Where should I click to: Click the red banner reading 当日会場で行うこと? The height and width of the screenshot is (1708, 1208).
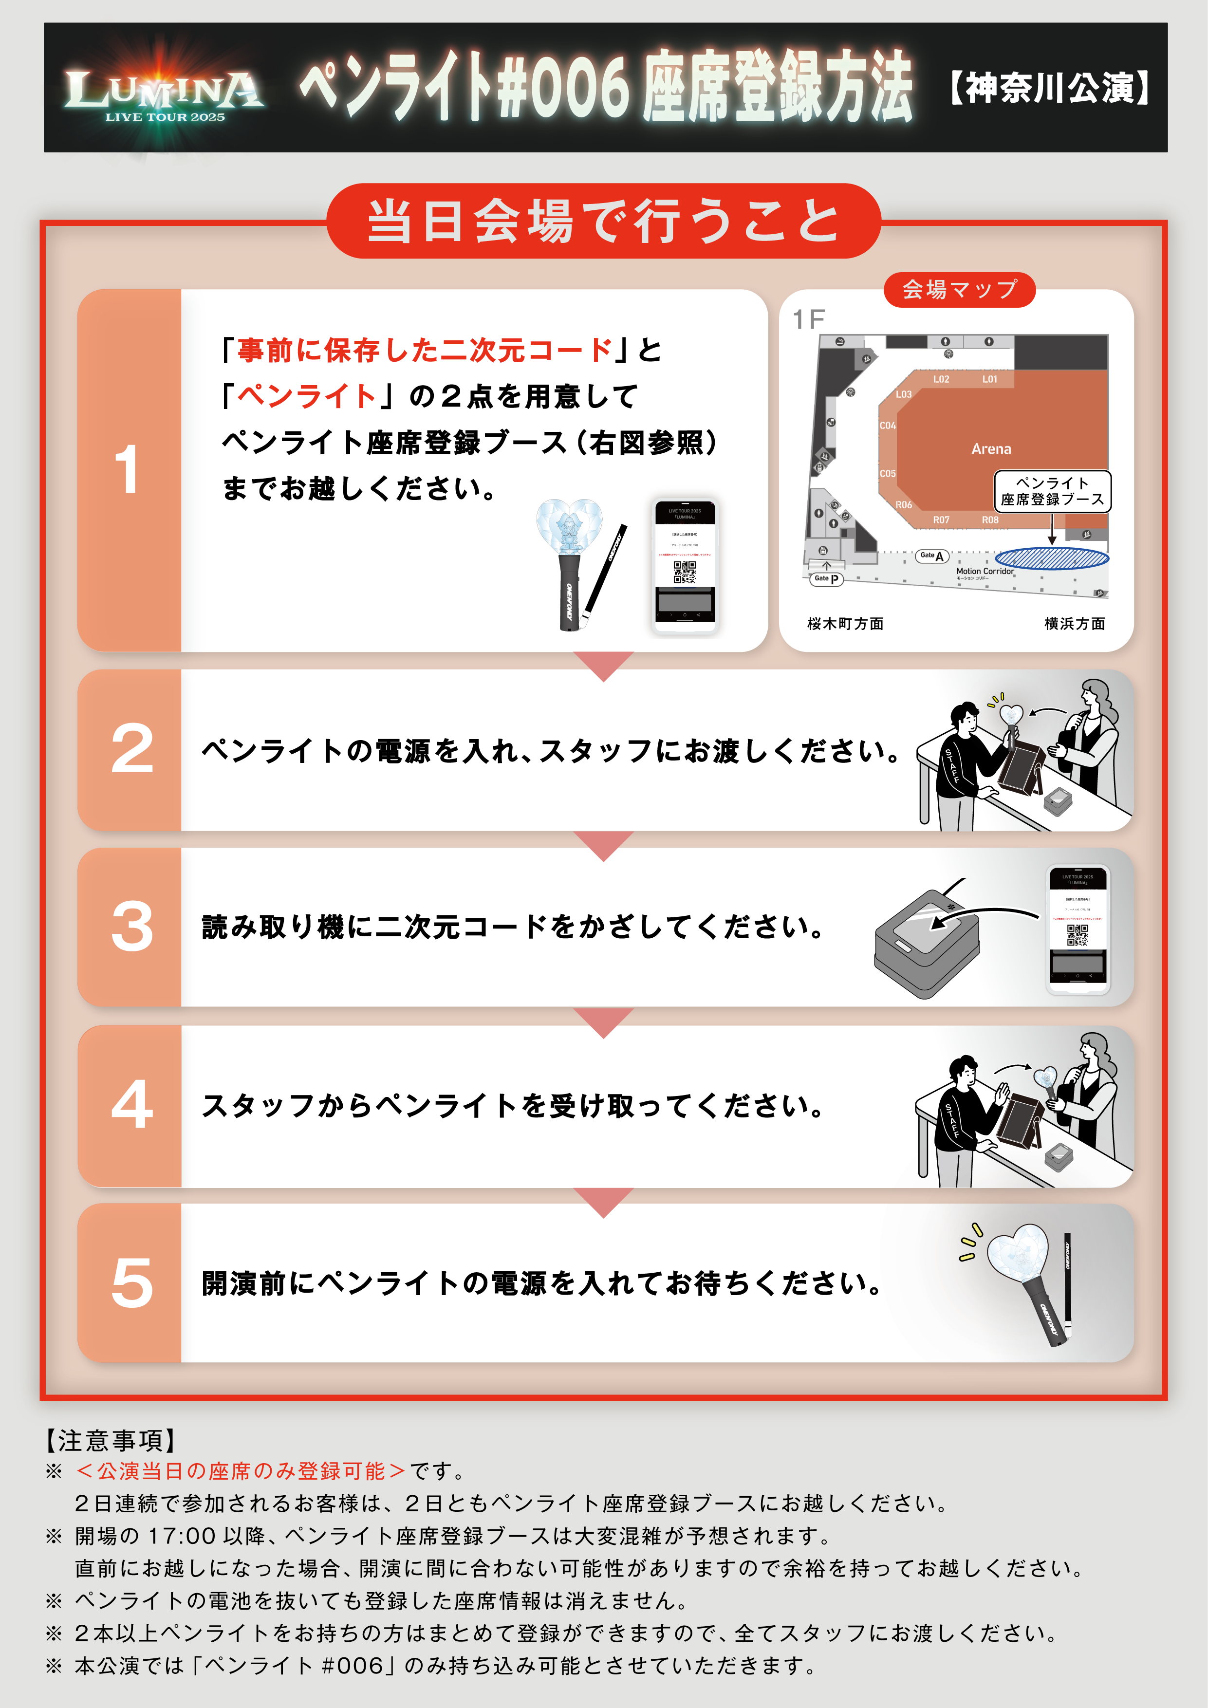603,221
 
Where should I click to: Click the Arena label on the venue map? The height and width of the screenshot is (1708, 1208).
991,448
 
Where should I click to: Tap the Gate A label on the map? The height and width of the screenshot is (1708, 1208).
931,555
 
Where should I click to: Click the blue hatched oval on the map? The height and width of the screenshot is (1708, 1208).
1051,558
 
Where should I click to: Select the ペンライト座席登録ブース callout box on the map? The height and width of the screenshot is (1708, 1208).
1052,491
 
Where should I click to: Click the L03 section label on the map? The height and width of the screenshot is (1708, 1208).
903,394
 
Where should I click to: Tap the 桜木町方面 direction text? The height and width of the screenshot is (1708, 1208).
845,623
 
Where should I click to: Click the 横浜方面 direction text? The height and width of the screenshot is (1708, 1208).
1074,623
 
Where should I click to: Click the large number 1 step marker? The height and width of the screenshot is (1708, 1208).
128,470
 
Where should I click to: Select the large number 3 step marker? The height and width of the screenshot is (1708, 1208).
131,927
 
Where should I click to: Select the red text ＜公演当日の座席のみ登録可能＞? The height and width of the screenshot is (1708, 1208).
240,1471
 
